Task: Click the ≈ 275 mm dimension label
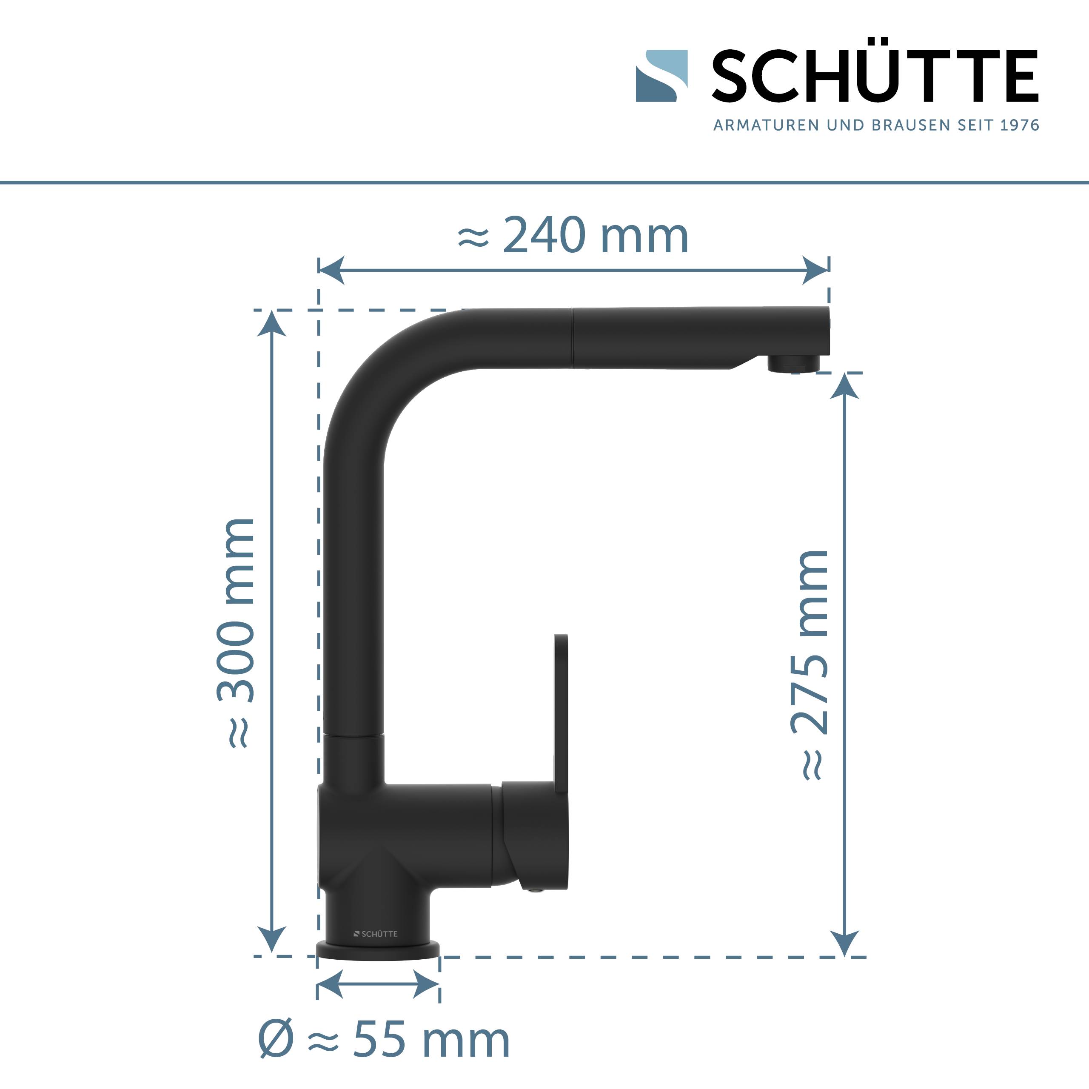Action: click(810, 665)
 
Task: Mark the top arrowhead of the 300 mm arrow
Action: click(272, 324)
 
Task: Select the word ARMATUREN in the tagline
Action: click(767, 125)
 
